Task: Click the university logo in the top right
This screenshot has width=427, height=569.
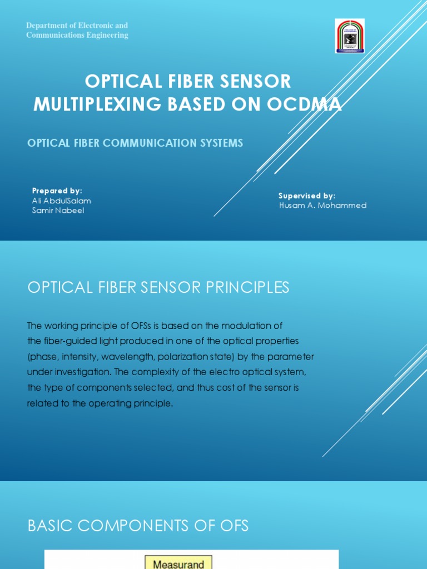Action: pos(349,36)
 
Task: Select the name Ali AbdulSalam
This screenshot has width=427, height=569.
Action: pos(61,201)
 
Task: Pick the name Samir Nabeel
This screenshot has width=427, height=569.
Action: pos(58,211)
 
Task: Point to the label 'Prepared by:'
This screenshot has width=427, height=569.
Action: pos(57,191)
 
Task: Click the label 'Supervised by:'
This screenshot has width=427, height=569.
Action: pos(306,196)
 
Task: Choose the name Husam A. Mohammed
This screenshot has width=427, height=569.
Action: pos(322,205)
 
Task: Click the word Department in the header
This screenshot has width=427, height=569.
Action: pos(48,26)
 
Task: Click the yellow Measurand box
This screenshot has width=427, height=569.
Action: pos(178,563)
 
